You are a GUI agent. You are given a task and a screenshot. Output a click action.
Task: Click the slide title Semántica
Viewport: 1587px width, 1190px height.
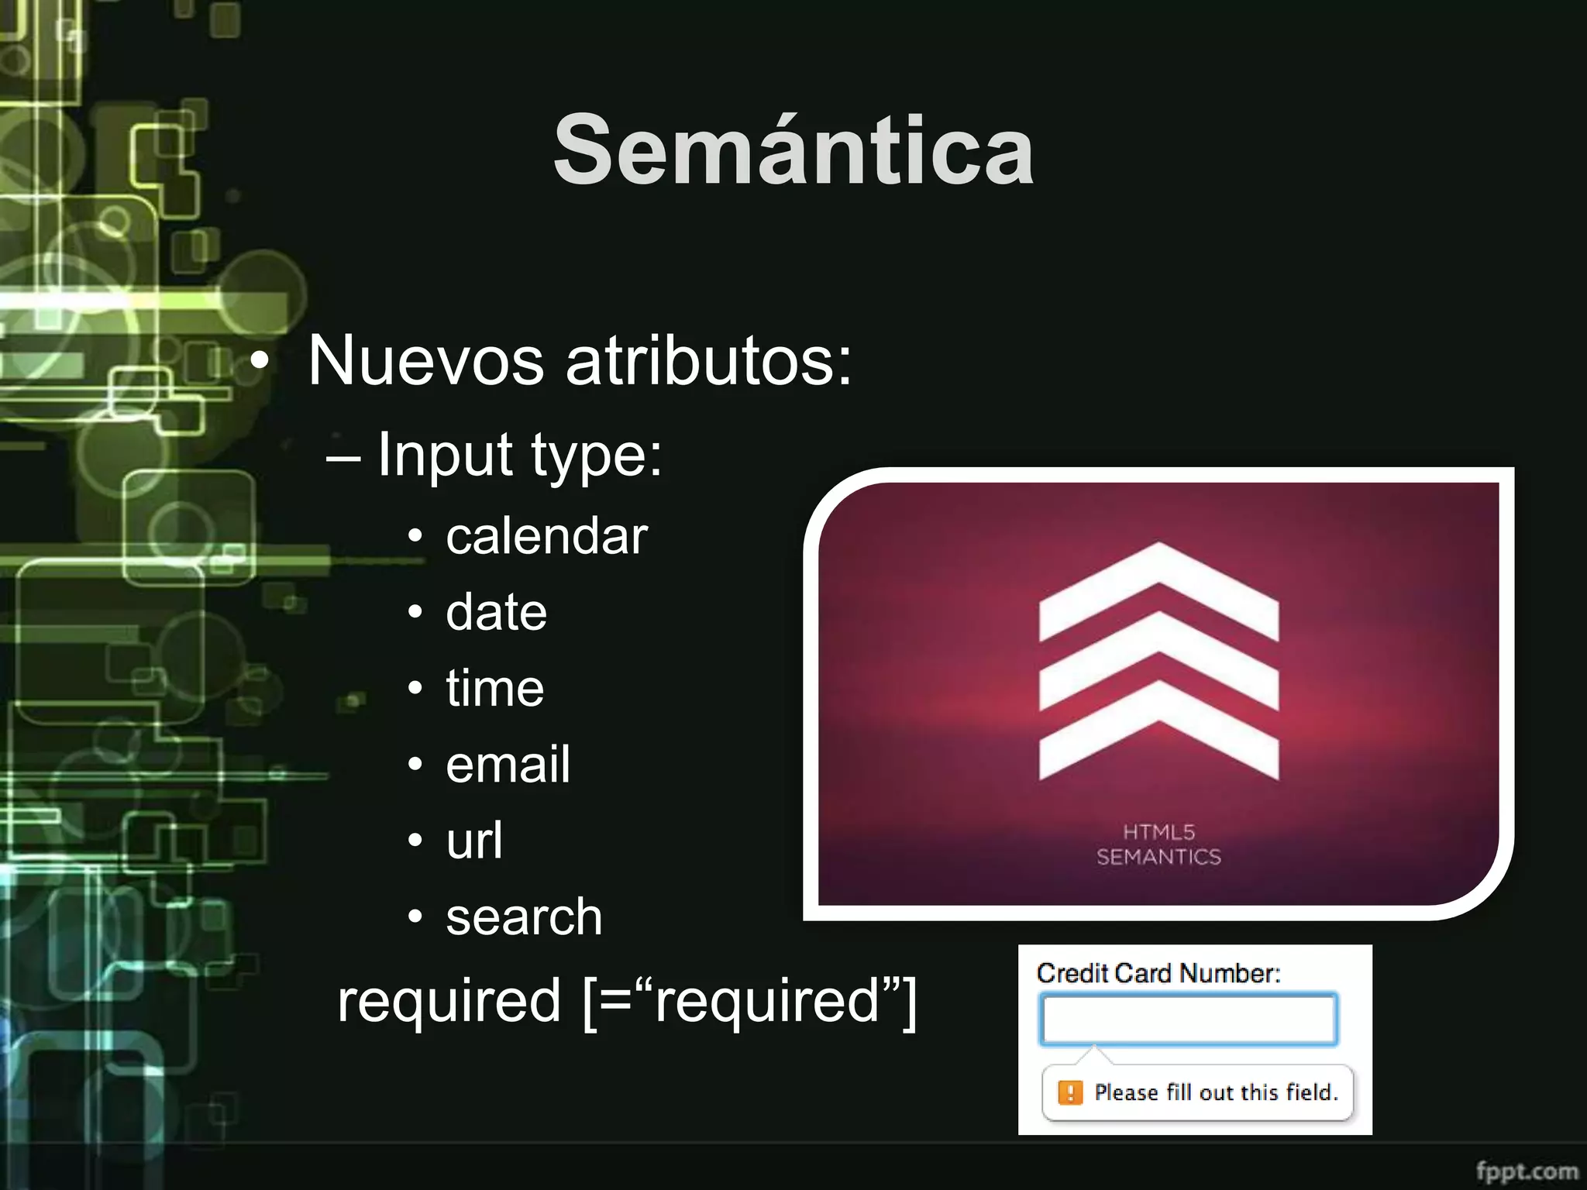(x=793, y=150)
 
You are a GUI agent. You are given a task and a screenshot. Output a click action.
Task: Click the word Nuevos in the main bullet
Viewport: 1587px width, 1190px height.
(x=425, y=361)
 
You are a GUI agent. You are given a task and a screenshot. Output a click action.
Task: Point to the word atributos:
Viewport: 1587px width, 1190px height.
(x=709, y=361)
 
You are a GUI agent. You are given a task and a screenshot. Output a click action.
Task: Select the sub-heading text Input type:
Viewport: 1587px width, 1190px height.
(x=520, y=455)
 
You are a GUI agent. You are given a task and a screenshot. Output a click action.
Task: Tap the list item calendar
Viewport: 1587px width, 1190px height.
(x=546, y=536)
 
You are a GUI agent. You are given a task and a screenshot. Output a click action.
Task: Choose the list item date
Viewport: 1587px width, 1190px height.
(x=496, y=612)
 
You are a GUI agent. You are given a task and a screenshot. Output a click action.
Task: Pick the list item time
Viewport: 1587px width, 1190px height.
(x=494, y=688)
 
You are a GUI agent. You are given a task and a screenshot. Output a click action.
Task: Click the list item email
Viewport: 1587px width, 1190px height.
(x=508, y=764)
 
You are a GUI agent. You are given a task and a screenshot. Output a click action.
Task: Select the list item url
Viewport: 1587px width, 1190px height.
(x=474, y=840)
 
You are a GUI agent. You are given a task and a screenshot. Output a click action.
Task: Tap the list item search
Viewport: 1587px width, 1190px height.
(x=524, y=917)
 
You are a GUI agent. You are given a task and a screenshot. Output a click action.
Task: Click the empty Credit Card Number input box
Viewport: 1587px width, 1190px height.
(x=1189, y=1020)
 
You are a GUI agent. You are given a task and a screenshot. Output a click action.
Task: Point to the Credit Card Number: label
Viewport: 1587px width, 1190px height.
(x=1158, y=973)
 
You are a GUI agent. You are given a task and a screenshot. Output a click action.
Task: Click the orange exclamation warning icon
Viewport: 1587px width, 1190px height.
(x=1070, y=1092)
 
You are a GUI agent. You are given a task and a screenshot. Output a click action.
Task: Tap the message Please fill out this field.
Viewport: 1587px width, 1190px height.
(x=1216, y=1092)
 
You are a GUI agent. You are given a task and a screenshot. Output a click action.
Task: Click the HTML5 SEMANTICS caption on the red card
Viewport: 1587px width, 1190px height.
(x=1158, y=844)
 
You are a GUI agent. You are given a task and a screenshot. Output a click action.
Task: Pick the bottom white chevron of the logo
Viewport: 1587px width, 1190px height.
(x=1158, y=736)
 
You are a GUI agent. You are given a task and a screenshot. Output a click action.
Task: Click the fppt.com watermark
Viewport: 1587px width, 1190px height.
(x=1526, y=1170)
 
